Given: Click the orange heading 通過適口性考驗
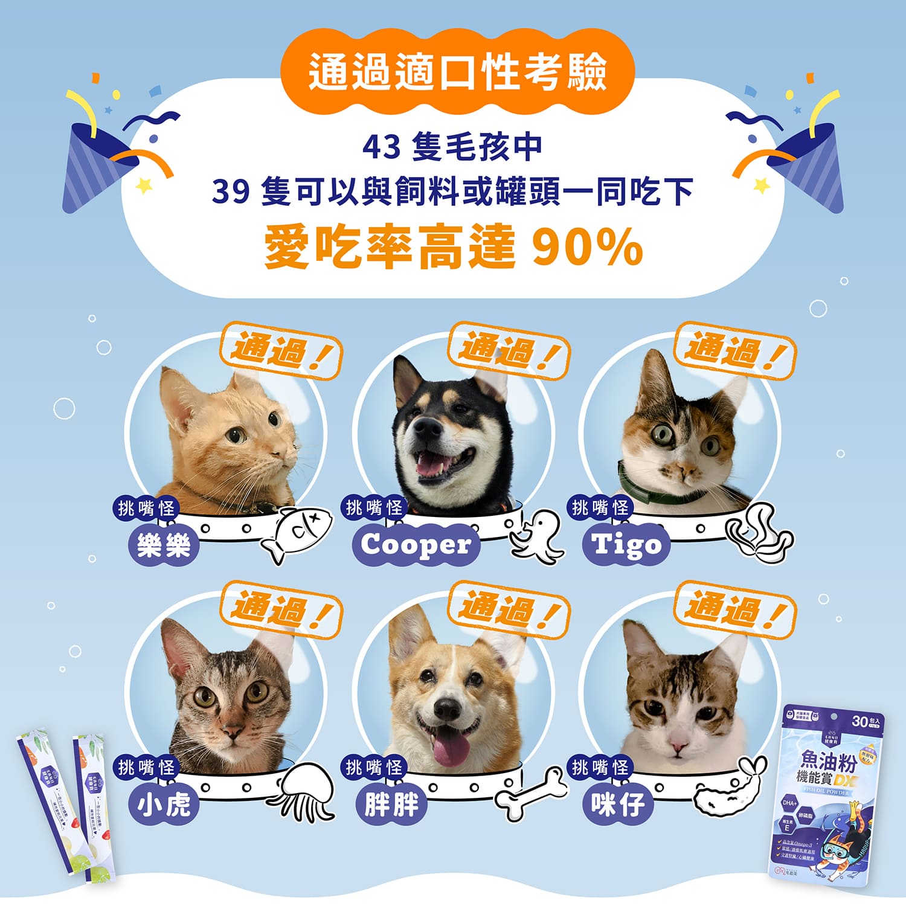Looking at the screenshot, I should (x=457, y=72).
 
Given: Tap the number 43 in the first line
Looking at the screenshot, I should (x=381, y=147).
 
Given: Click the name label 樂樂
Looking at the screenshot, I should (x=164, y=546).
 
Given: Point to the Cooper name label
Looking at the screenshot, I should (x=416, y=545).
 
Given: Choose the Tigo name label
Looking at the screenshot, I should (x=626, y=545).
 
